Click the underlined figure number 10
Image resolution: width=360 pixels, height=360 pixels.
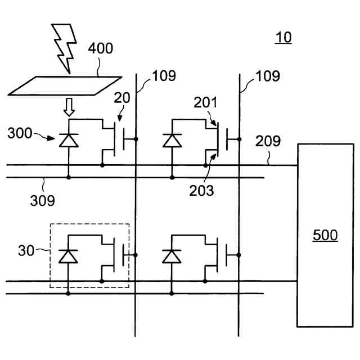tap(283, 38)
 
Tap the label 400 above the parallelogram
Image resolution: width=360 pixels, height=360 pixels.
tap(100, 48)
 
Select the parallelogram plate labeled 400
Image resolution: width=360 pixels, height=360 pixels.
tap(66, 85)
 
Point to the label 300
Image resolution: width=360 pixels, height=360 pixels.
tap(20, 134)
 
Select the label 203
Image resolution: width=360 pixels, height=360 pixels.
tap(201, 190)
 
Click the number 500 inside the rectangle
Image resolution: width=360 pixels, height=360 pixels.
tap(325, 235)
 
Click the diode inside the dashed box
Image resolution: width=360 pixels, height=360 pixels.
tap(68, 256)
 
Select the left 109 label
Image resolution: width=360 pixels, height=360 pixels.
tap(163, 75)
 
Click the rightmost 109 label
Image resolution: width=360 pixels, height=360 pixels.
tap(268, 75)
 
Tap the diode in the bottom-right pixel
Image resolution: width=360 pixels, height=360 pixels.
tap(172, 256)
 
